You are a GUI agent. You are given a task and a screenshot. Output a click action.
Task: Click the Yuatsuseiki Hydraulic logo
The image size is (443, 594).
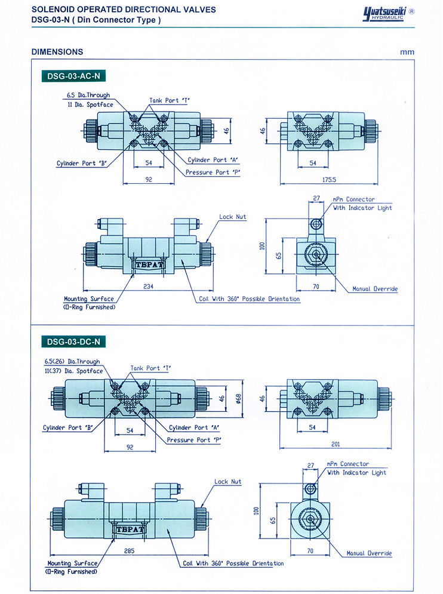tap(389, 14)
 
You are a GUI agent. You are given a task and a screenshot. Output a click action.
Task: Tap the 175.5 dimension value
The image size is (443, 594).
tap(329, 179)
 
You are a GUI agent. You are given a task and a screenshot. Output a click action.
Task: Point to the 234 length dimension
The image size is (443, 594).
tap(149, 287)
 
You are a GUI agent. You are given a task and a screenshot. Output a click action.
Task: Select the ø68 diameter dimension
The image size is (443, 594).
tap(238, 398)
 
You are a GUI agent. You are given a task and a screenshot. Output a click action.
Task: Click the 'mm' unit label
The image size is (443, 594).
tap(407, 52)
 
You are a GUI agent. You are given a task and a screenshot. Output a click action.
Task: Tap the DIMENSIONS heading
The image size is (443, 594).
tap(57, 52)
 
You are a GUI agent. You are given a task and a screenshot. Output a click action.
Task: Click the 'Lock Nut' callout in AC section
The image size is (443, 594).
tap(232, 217)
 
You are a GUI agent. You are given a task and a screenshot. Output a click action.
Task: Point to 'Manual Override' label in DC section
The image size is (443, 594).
tap(369, 553)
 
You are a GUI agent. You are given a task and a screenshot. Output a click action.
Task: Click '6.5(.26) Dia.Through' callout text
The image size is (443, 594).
tap(72, 361)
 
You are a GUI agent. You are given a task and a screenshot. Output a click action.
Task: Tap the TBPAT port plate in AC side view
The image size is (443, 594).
tap(143, 263)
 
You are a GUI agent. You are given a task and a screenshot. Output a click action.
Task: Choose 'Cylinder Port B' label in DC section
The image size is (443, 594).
tap(66, 427)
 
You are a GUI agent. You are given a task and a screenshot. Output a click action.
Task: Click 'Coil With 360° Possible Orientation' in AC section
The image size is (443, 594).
tap(249, 299)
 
